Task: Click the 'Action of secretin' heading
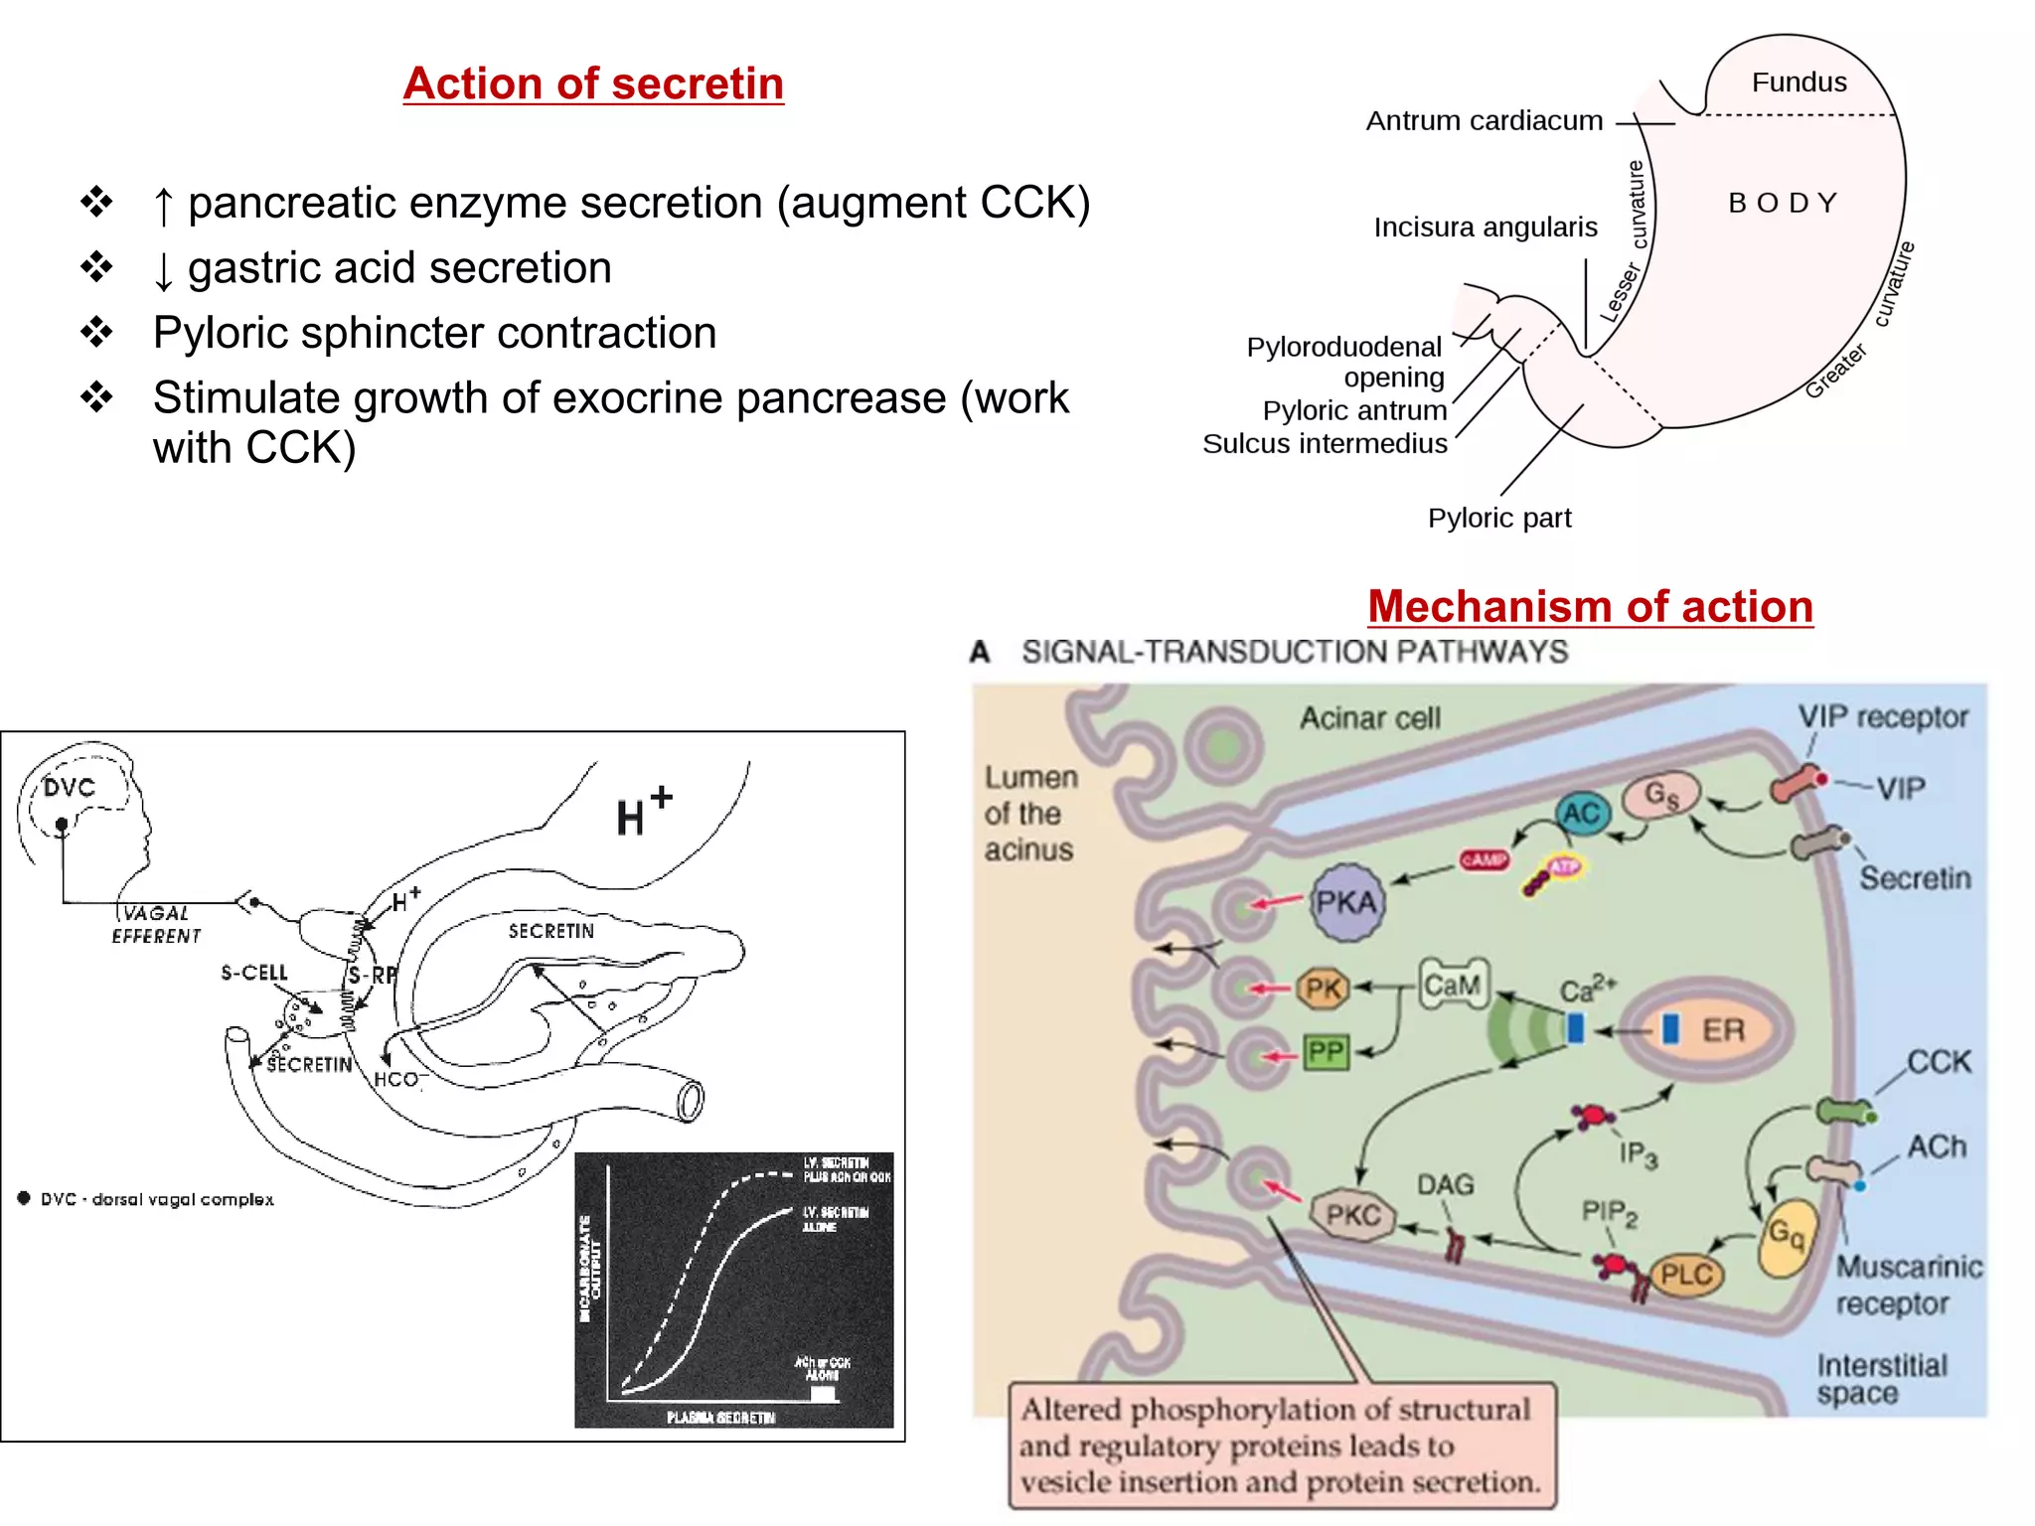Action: pyautogui.click(x=593, y=83)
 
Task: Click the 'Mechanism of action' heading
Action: pyautogui.click(x=1590, y=606)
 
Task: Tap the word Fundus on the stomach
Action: pyautogui.click(x=1799, y=82)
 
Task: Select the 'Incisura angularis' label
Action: pyautogui.click(x=1485, y=228)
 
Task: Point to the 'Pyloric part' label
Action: pyautogui.click(x=1498, y=518)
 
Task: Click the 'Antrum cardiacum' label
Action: pyautogui.click(x=1484, y=121)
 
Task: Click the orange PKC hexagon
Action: pyautogui.click(x=1353, y=1215)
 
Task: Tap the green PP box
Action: pyautogui.click(x=1326, y=1052)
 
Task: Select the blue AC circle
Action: pyautogui.click(x=1581, y=814)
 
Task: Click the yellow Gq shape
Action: pyautogui.click(x=1787, y=1235)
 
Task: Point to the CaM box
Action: pyautogui.click(x=1453, y=985)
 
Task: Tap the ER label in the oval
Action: pyautogui.click(x=1723, y=1030)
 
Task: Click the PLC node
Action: pyautogui.click(x=1686, y=1274)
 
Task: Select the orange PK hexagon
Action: pyautogui.click(x=1323, y=989)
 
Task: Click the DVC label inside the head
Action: pyautogui.click(x=69, y=788)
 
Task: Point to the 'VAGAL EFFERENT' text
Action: pyautogui.click(x=156, y=925)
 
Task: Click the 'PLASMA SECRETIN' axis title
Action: pyautogui.click(x=720, y=1417)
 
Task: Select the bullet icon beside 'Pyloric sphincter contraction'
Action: pyautogui.click(x=97, y=332)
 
